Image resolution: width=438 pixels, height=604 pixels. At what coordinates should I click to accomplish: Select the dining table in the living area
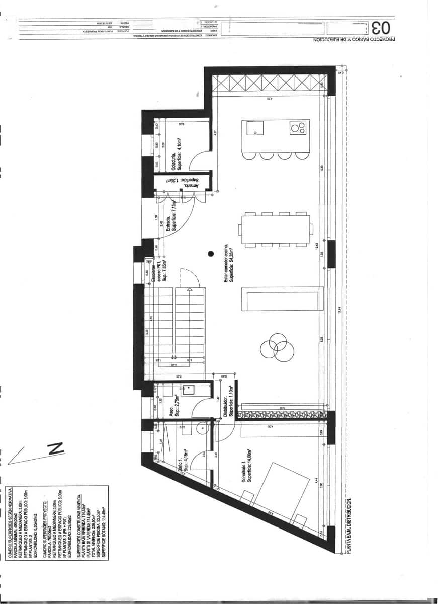click(x=276, y=230)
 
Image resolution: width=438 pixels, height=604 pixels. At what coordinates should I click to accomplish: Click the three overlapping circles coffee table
click(x=277, y=346)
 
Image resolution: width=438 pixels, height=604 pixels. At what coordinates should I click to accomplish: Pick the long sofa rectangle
click(x=280, y=301)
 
